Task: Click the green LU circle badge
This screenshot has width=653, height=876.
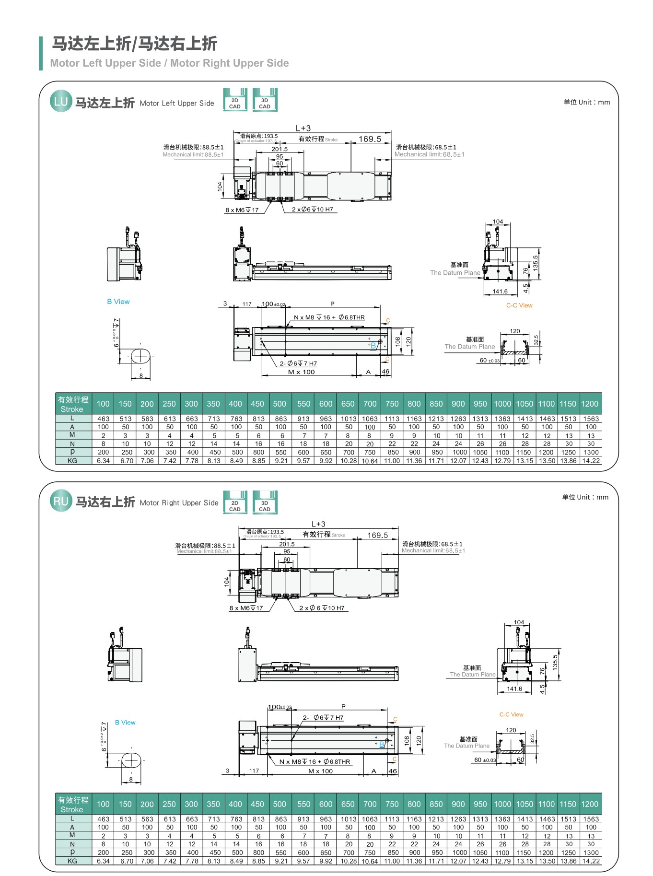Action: point(61,102)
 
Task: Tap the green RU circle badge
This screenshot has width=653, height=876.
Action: point(61,501)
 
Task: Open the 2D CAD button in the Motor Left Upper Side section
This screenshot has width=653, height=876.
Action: point(235,100)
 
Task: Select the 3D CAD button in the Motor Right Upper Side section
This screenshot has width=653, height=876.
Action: point(265,502)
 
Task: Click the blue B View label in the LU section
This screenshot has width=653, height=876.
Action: point(118,302)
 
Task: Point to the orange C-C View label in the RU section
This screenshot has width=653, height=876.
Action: point(511,714)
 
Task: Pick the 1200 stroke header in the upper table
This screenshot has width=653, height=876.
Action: point(590,404)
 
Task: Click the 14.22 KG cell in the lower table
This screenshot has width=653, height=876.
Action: point(591,861)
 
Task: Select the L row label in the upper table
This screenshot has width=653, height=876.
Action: point(72,418)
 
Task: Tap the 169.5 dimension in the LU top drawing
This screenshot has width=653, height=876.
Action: point(370,139)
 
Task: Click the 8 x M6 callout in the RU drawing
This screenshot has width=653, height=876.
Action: point(246,608)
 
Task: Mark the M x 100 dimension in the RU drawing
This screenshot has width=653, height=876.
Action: point(320,771)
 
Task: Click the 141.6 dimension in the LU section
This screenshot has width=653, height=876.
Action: point(500,291)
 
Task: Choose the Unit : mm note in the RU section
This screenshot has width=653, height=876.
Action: point(585,497)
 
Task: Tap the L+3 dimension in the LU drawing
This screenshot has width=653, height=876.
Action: point(303,128)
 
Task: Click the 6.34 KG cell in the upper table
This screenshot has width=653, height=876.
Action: point(103,460)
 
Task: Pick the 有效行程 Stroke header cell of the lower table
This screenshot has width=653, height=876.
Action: point(73,805)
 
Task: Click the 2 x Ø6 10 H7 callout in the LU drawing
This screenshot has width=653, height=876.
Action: point(313,210)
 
